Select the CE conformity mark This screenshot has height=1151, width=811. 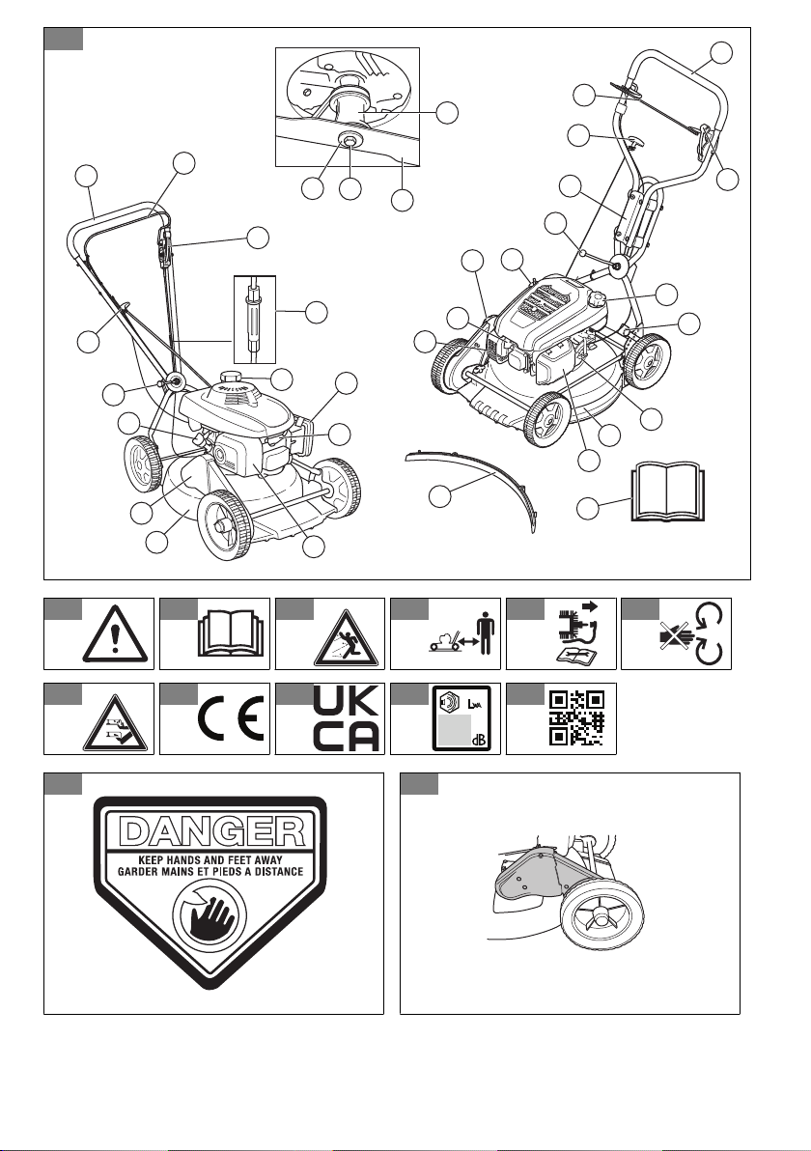point(232,723)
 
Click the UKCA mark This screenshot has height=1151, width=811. point(347,718)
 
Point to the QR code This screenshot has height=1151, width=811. point(577,717)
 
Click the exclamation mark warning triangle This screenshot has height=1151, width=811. point(115,635)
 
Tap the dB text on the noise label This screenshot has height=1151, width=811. point(481,739)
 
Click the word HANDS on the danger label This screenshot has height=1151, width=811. point(187,859)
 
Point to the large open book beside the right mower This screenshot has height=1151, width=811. point(667,491)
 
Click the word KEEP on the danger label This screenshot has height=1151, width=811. point(151,859)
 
